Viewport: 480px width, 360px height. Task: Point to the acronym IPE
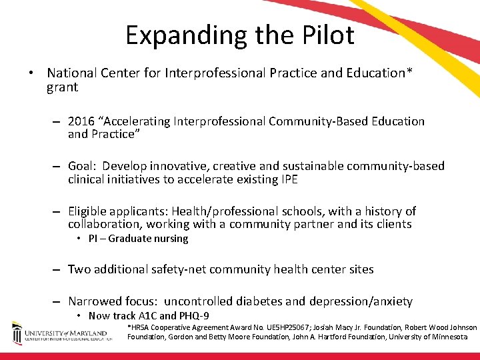click(287, 179)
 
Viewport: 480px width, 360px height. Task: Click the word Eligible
click(88, 211)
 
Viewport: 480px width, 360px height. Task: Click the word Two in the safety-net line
click(79, 269)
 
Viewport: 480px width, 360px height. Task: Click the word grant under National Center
click(62, 87)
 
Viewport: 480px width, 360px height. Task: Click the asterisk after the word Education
click(409, 71)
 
